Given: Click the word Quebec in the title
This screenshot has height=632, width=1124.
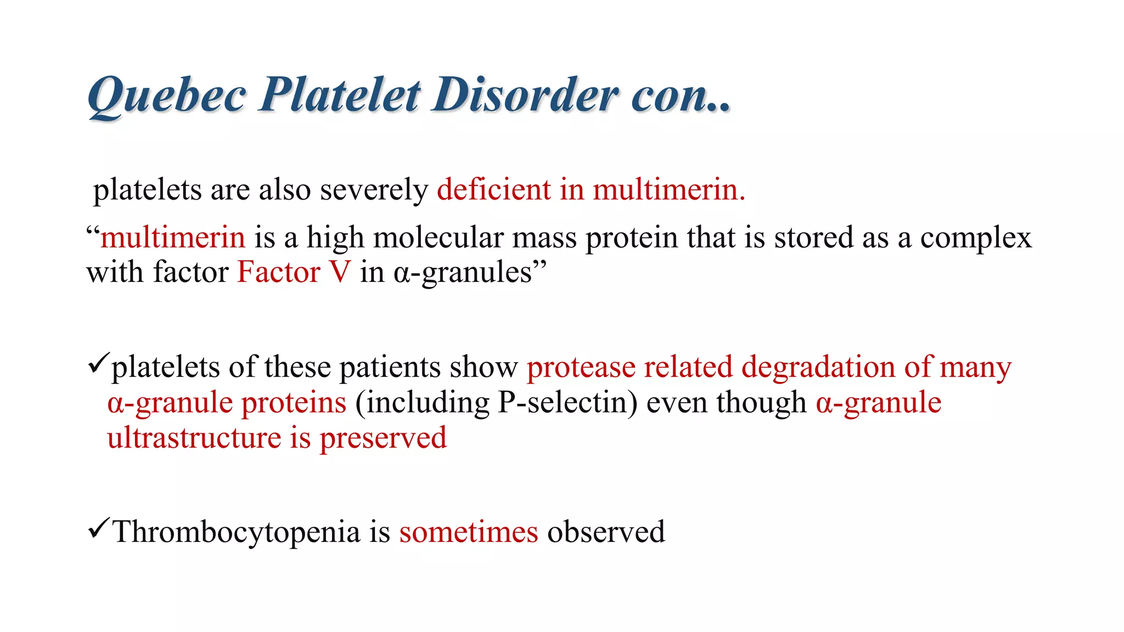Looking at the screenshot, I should point(166,96).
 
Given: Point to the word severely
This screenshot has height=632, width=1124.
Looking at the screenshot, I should point(374,191).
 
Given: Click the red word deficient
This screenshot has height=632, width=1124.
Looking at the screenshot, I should point(493,190).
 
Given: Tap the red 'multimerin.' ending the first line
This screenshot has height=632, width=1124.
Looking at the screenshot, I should point(669,190).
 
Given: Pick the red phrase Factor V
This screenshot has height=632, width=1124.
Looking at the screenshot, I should point(294,272).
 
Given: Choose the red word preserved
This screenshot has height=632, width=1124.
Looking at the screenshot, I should point(383,439).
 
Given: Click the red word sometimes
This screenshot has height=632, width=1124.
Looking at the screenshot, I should point(468,532).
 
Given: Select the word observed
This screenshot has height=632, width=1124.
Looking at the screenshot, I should point(606,532).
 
